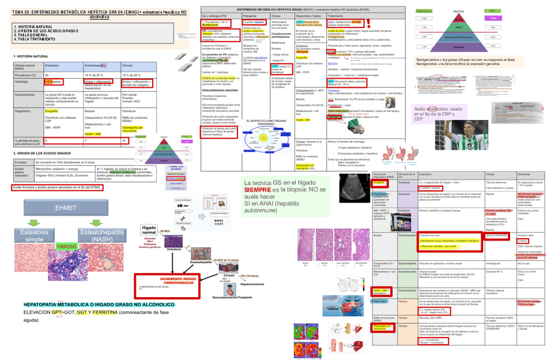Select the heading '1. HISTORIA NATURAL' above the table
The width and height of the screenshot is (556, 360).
click(30, 57)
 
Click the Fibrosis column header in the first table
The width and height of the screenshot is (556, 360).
click(129, 67)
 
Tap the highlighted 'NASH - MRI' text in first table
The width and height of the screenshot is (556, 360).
click(93, 133)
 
